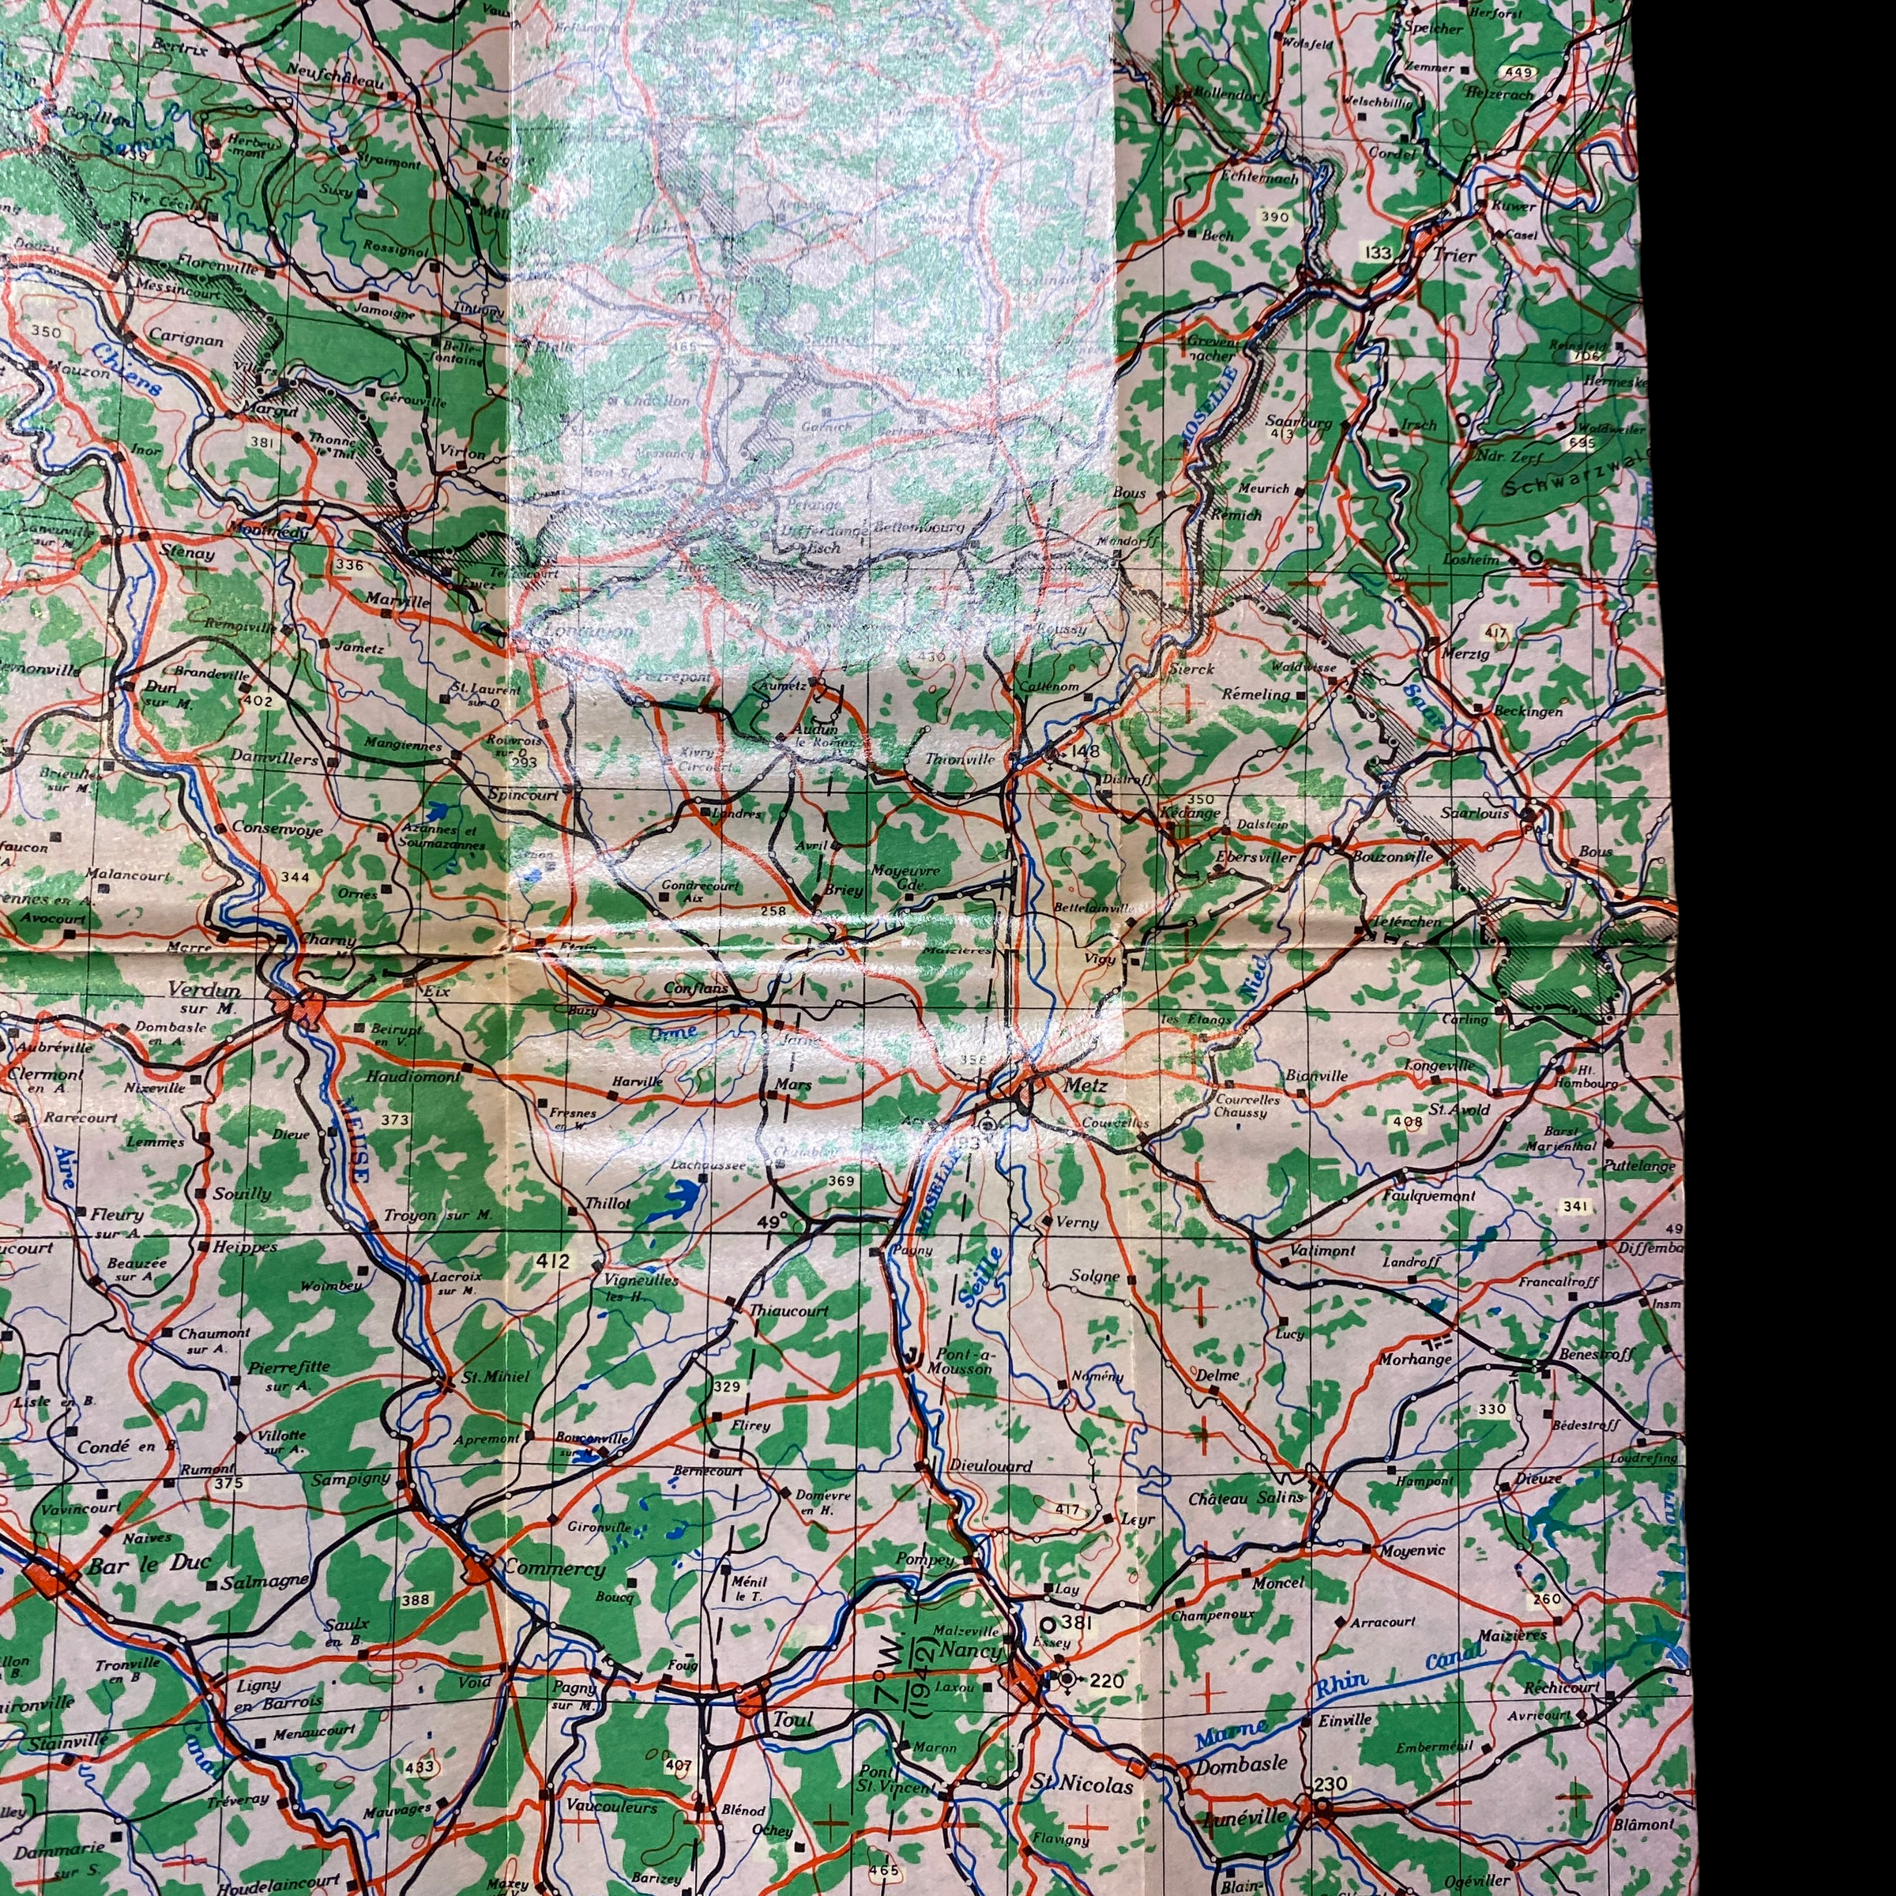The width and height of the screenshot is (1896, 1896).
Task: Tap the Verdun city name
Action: click(x=204, y=988)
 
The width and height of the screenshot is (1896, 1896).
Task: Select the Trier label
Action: click(x=1454, y=255)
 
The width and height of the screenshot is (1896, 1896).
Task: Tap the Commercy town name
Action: click(x=554, y=1568)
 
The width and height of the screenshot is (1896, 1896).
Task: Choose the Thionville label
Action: click(x=960, y=759)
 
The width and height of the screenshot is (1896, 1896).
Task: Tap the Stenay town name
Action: click(x=186, y=552)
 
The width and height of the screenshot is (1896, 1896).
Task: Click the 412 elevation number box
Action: click(x=554, y=1261)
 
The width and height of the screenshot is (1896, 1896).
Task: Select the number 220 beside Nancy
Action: click(x=1106, y=1681)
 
